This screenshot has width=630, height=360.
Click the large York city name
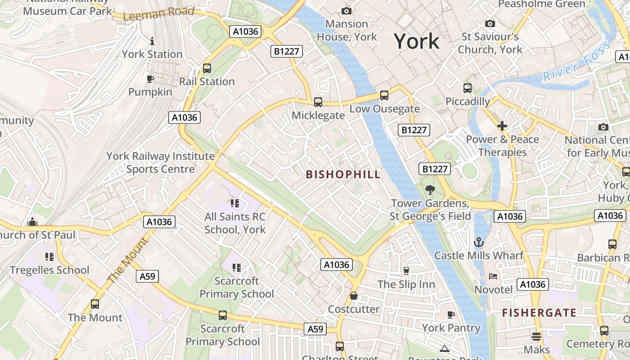click(417, 41)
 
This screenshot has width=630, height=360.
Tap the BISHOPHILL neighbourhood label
click(343, 175)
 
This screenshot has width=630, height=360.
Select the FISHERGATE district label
click(539, 313)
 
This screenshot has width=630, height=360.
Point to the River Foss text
click(576, 62)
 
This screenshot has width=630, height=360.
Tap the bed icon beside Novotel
click(493, 276)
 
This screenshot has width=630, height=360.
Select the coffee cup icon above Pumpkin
click(150, 79)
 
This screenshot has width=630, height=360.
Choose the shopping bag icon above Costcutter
click(354, 296)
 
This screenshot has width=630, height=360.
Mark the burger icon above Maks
click(536, 336)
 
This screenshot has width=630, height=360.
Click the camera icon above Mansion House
click(346, 11)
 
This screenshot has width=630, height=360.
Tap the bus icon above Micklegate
click(318, 102)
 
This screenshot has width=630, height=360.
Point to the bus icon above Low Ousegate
click(384, 95)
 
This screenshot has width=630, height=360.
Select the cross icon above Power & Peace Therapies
click(502, 126)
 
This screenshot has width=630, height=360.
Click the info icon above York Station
click(152, 41)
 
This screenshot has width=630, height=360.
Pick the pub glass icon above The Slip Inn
click(406, 270)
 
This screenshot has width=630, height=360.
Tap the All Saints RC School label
click(235, 223)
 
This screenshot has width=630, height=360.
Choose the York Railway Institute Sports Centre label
click(161, 163)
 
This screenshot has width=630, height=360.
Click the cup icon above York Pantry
click(451, 315)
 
